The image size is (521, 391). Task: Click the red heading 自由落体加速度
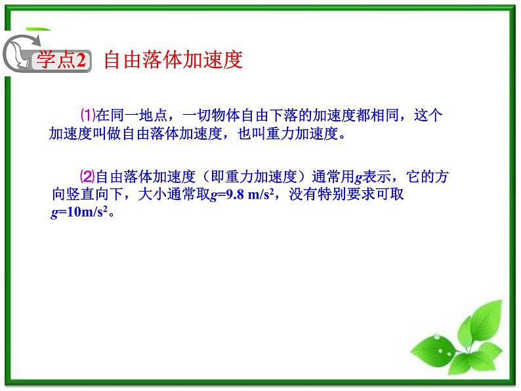(x=173, y=60)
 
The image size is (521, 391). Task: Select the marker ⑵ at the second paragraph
(x=87, y=177)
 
